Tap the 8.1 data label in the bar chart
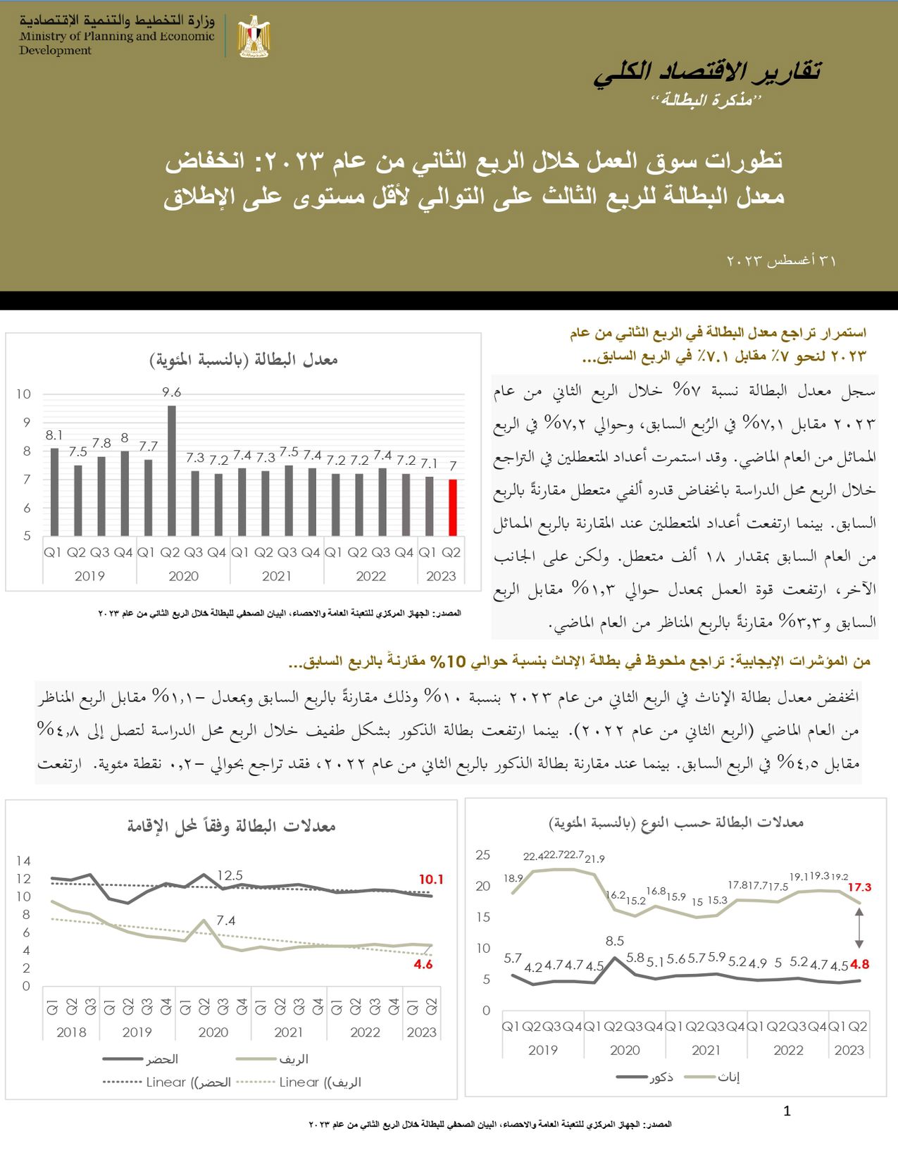click(x=54, y=436)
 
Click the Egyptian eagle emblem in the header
click(x=254, y=36)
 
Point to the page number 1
click(x=787, y=1111)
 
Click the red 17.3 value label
click(x=859, y=887)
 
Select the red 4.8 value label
click(x=860, y=965)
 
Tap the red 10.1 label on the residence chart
click(x=430, y=880)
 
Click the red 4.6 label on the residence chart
click(x=423, y=965)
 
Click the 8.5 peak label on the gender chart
click(x=615, y=941)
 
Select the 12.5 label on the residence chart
click(x=230, y=875)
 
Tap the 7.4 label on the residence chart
click(x=226, y=920)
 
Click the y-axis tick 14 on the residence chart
click(x=24, y=861)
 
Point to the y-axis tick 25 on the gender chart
click(x=482, y=855)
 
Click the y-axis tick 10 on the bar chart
click(x=24, y=394)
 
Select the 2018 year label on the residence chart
click(x=71, y=1032)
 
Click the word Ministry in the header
click(x=42, y=37)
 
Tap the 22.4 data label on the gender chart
click(x=533, y=856)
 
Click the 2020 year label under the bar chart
click(x=183, y=576)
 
